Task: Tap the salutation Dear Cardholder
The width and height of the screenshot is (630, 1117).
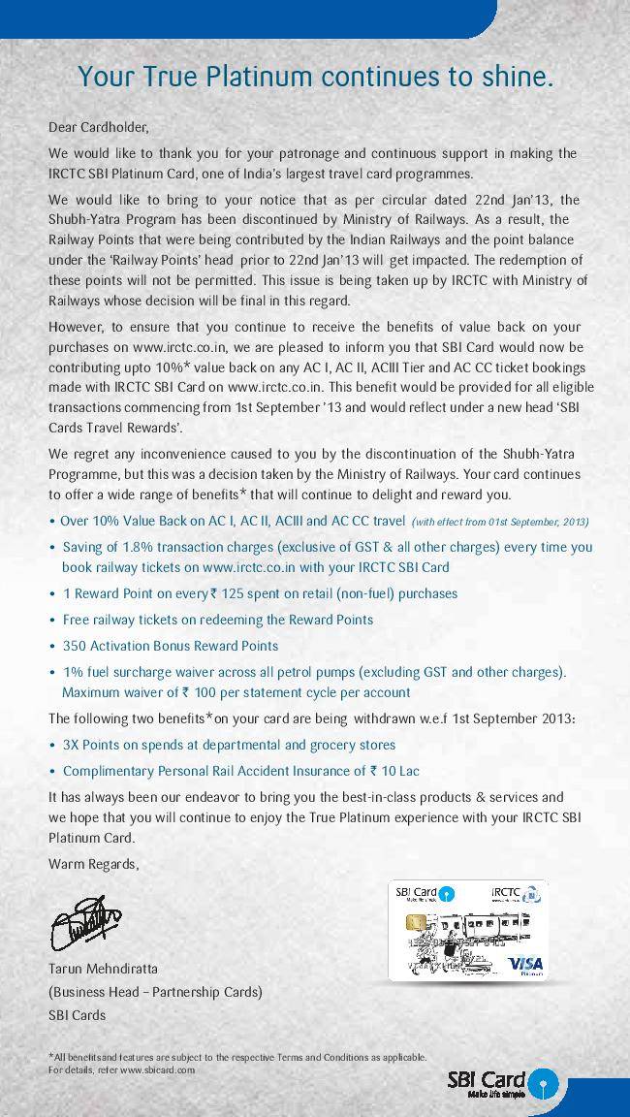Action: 98,127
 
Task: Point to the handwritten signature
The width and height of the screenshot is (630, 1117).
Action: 85,922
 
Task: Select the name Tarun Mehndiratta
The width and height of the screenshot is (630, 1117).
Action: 103,969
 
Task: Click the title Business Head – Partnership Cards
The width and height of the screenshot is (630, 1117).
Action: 155,992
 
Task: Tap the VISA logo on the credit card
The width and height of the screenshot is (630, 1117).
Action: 525,963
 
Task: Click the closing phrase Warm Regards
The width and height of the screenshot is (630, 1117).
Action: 93,864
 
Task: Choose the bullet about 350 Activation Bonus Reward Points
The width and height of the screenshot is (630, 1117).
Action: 170,646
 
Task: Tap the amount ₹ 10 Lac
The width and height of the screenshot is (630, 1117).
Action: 394,772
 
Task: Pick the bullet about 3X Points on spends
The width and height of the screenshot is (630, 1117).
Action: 229,745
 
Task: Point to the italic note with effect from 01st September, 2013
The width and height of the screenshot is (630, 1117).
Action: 500,522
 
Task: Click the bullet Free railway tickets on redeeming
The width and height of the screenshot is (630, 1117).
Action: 217,620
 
